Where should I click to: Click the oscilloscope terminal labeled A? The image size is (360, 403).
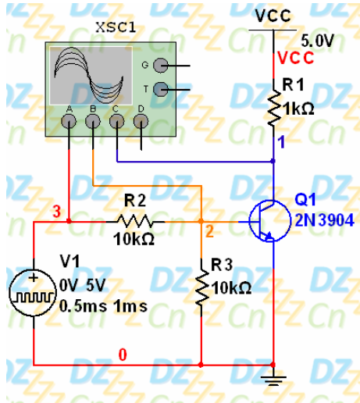[69, 121]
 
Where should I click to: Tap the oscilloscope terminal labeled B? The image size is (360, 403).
[93, 121]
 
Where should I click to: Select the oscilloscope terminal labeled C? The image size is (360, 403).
[116, 121]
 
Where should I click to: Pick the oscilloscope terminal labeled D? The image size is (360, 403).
[141, 121]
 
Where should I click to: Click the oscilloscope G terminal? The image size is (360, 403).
[161, 66]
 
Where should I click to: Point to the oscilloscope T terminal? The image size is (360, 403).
[161, 89]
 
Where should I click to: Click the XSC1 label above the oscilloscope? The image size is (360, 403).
[116, 27]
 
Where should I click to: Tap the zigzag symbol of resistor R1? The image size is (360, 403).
[274, 109]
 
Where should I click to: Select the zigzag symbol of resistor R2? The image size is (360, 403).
[135, 222]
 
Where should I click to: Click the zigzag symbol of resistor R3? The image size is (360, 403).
[202, 288]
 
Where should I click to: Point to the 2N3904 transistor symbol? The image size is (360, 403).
[269, 221]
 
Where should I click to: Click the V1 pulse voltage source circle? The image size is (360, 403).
[33, 293]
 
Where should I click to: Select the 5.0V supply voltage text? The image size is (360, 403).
[317, 41]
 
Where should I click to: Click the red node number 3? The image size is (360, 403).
[56, 211]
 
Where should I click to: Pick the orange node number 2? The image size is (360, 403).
[210, 231]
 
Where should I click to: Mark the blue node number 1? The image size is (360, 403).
[281, 142]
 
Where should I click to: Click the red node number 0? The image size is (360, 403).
[123, 355]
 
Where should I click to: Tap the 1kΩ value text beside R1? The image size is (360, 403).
[299, 109]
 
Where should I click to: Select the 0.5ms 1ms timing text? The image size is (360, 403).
[103, 306]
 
